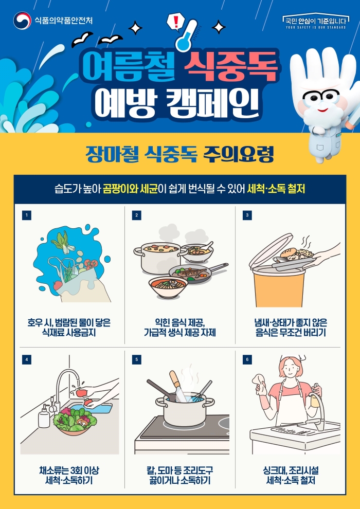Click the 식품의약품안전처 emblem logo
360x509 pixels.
(22, 21)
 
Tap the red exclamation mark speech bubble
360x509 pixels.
(175, 22)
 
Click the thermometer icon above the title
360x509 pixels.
(186, 35)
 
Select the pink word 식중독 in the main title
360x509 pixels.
(231, 66)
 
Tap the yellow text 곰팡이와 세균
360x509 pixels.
(130, 189)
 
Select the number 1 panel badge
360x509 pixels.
(27, 215)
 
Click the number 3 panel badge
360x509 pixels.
(247, 215)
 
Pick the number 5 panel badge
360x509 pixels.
(137, 359)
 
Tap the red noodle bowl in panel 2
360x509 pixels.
(168, 287)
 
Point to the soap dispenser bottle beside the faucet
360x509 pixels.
(44, 417)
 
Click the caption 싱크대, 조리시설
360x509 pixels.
(291, 470)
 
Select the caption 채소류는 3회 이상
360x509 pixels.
(69, 470)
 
